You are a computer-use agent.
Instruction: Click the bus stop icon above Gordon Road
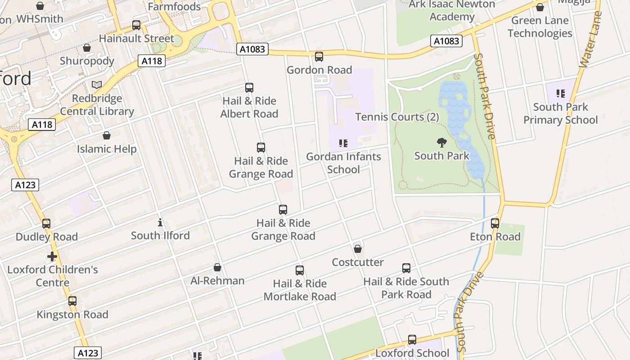tap(319, 57)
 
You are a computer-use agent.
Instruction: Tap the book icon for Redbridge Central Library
tap(97, 85)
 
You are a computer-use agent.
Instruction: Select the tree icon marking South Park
tap(442, 143)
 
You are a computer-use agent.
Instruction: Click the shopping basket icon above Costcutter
tap(358, 249)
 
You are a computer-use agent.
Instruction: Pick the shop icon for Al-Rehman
tap(217, 267)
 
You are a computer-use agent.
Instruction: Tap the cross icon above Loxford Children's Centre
tap(52, 256)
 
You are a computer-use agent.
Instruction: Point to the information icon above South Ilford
tap(160, 222)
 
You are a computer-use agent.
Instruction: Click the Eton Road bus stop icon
tap(495, 223)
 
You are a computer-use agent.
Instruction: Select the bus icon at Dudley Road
tap(46, 224)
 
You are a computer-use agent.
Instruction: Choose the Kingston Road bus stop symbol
tap(72, 301)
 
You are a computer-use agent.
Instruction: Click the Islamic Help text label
tap(107, 149)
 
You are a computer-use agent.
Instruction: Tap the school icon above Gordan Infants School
tap(343, 144)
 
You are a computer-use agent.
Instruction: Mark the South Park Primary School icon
tap(560, 94)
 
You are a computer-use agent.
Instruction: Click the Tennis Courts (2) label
tap(397, 117)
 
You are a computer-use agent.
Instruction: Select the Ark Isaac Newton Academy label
tap(452, 10)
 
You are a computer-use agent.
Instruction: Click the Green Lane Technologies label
tap(540, 27)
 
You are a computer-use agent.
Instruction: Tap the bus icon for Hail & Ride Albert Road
tap(249, 88)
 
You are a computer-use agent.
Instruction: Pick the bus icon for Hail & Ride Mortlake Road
tap(300, 270)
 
